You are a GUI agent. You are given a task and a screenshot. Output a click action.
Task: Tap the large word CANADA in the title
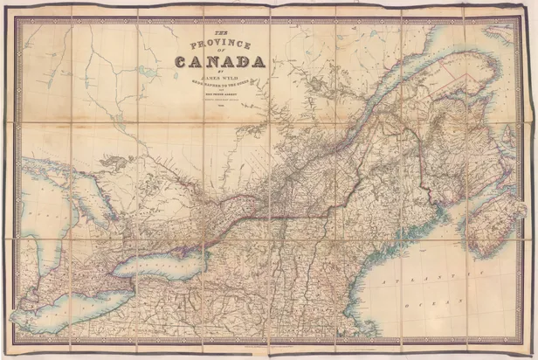(221, 61)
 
